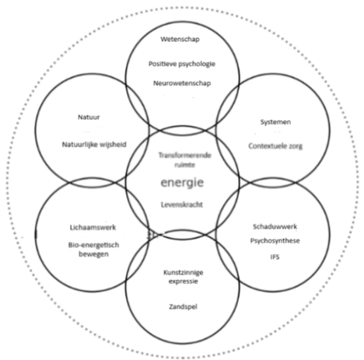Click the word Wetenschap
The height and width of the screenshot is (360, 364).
(180, 39)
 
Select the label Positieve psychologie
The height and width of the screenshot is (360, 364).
(182, 64)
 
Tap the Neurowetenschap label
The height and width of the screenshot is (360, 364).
(182, 83)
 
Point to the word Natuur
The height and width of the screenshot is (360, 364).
(89, 117)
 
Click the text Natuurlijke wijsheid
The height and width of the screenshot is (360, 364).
(94, 145)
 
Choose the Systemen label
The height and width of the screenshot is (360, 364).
(275, 122)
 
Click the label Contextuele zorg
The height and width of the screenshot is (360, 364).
(275, 146)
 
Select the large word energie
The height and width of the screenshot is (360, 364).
(182, 183)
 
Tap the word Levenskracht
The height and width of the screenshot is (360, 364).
(182, 204)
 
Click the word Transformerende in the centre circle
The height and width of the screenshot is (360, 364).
(185, 156)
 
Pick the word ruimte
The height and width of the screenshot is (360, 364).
(184, 165)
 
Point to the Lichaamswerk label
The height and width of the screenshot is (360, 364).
(93, 228)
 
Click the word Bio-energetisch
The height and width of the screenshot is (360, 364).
(93, 245)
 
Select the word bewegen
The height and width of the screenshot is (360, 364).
(93, 254)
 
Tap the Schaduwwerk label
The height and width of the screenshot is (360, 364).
(275, 226)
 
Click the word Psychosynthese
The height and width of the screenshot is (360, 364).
(275, 241)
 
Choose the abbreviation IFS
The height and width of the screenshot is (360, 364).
(275, 257)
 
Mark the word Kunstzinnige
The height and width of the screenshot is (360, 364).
(184, 273)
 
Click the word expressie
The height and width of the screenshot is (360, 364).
(184, 281)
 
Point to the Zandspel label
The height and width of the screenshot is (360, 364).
(183, 307)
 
